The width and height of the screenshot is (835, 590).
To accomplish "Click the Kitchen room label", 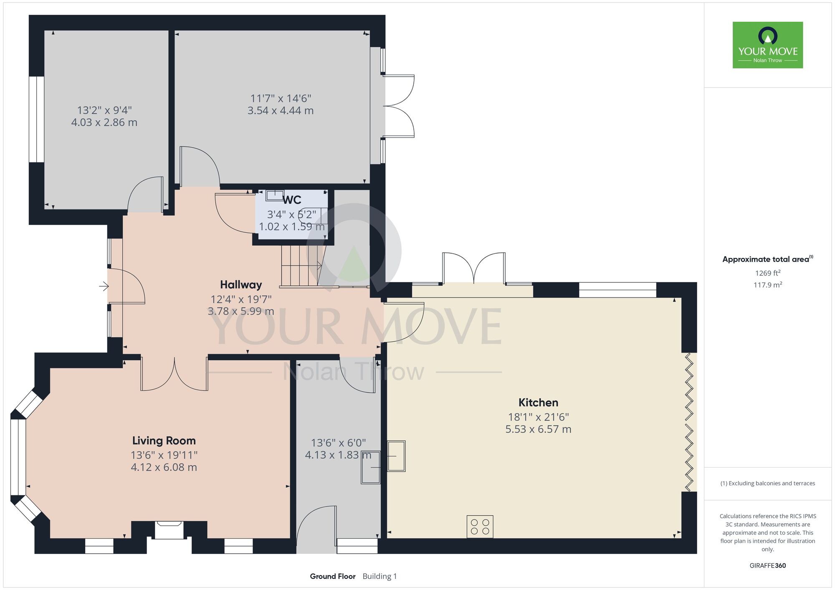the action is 538,403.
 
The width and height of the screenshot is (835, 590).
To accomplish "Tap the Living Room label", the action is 164,441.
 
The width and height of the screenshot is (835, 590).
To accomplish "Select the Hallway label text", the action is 241,285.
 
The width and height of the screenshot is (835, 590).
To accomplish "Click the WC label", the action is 292,200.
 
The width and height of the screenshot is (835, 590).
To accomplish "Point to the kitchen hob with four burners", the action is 480,527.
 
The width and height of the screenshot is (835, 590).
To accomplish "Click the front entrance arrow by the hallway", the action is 104,286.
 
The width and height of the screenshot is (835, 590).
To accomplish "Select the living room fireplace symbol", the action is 169,529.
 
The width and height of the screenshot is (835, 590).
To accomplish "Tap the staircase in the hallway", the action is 303,266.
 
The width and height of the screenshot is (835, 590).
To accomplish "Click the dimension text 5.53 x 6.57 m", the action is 538,429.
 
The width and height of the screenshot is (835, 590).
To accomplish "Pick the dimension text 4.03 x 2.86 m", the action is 104,122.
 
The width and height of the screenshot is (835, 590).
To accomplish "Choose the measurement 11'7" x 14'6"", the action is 281,98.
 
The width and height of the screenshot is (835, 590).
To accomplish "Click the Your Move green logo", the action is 768,45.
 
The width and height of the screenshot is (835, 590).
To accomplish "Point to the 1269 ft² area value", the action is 768,273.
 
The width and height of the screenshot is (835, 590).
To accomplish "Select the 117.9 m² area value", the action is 768,285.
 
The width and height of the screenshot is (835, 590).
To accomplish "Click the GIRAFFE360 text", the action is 768,566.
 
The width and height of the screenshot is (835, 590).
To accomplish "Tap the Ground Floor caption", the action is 333,576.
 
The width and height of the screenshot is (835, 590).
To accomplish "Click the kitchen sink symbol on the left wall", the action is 396,456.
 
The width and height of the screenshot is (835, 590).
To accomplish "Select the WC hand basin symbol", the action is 275,195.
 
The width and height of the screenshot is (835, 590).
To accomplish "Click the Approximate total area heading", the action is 768,259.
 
